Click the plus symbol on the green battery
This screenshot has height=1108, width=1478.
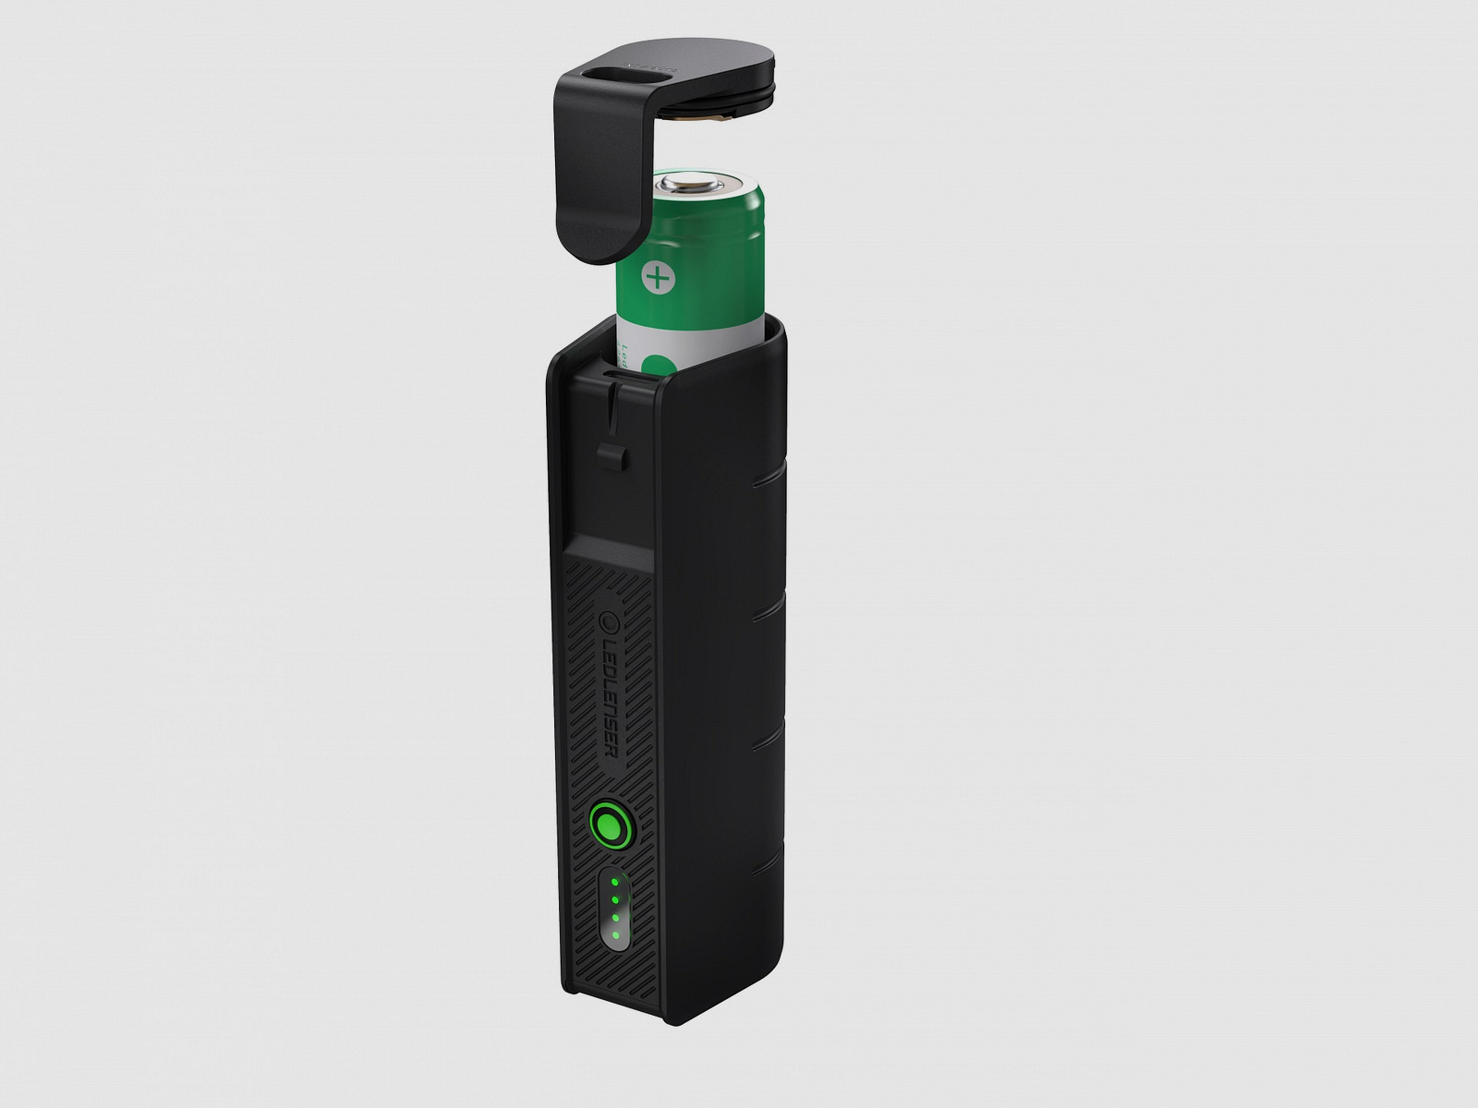pos(656,277)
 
